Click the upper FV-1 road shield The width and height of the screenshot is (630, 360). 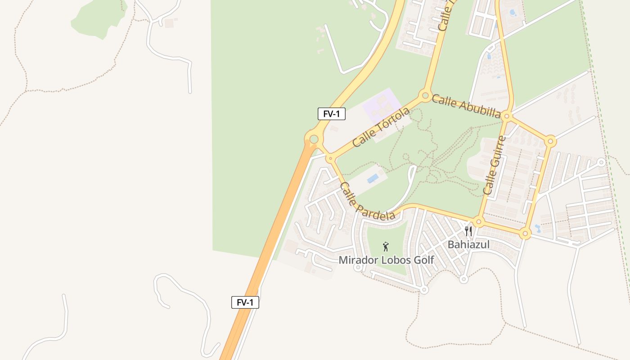coord(332,114)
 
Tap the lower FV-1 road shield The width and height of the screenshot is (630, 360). coord(245,302)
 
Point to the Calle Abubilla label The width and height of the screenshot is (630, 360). coord(466,106)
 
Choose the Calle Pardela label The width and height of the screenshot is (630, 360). coord(367,201)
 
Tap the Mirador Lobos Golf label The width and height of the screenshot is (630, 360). coord(386,260)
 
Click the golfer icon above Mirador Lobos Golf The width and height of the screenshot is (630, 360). coord(385,246)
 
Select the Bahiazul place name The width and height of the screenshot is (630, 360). coord(468,245)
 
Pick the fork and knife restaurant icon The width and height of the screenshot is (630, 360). coord(468,231)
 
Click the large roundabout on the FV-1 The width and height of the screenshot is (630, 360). coord(314,139)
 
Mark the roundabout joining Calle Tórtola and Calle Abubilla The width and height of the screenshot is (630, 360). coord(425,95)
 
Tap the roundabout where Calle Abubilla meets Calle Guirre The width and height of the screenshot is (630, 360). coord(507,116)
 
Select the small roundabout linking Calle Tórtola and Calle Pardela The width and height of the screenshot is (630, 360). coord(330,158)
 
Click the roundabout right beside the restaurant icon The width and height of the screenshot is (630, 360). coord(479,221)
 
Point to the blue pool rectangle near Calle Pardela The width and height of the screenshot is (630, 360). coord(373,179)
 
